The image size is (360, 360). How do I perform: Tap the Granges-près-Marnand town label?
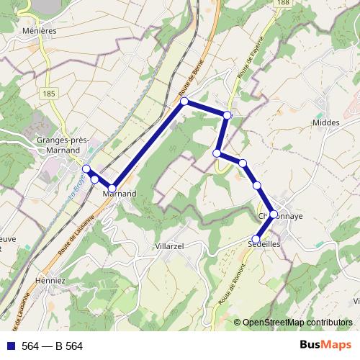(61, 145)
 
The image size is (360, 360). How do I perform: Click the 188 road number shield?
(284, 4)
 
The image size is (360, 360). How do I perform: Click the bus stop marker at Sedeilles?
(256, 239)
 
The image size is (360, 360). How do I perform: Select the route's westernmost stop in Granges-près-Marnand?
(86, 168)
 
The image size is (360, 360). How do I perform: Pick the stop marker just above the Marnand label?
(112, 188)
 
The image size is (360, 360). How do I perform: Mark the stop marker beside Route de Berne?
(184, 102)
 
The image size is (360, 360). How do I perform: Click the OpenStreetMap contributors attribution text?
(297, 323)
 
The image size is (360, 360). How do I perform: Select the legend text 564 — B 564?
(53, 346)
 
